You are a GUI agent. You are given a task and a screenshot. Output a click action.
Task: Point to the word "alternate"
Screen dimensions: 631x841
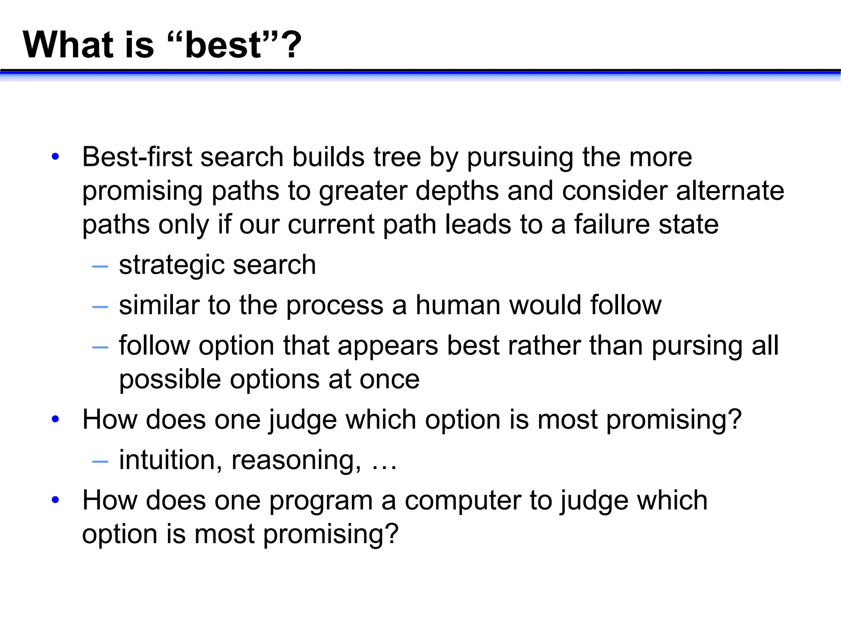click(x=730, y=191)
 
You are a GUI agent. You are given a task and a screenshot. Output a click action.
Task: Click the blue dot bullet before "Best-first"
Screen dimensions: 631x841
click(x=55, y=157)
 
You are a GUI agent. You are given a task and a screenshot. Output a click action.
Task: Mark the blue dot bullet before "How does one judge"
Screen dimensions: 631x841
click(x=55, y=419)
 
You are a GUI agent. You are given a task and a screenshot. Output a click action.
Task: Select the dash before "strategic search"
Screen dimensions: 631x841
click(x=100, y=266)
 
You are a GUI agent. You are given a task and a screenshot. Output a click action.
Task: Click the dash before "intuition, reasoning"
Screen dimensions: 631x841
click(x=100, y=461)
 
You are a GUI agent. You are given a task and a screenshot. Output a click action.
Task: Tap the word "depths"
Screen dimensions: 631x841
click(x=457, y=191)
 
